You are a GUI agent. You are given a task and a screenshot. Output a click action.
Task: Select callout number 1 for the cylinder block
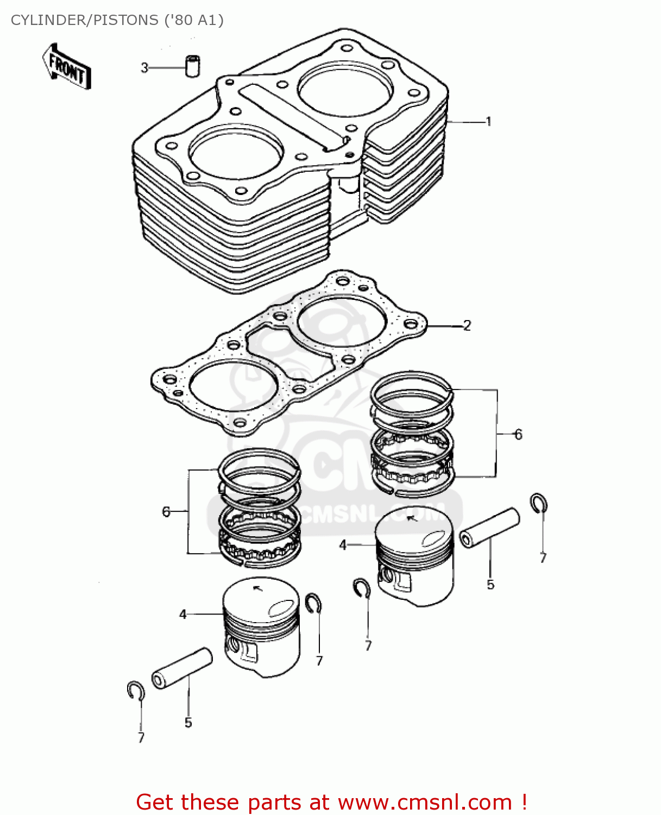click(488, 121)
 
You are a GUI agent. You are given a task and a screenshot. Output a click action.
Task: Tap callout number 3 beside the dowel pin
click(144, 68)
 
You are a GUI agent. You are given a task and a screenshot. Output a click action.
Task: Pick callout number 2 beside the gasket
click(467, 325)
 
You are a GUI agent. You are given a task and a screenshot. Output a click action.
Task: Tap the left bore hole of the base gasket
click(234, 386)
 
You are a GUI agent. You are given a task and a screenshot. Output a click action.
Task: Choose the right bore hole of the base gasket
click(342, 321)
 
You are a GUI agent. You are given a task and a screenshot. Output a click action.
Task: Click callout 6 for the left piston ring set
click(166, 511)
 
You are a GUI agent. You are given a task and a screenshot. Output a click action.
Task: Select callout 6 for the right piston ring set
click(518, 434)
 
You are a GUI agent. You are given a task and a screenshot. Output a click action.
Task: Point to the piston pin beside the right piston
click(489, 528)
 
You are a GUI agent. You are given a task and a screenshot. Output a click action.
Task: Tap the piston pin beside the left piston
click(181, 668)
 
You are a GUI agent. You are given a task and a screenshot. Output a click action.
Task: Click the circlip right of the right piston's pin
click(539, 504)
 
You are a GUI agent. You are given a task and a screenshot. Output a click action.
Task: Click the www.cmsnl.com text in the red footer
click(425, 802)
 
